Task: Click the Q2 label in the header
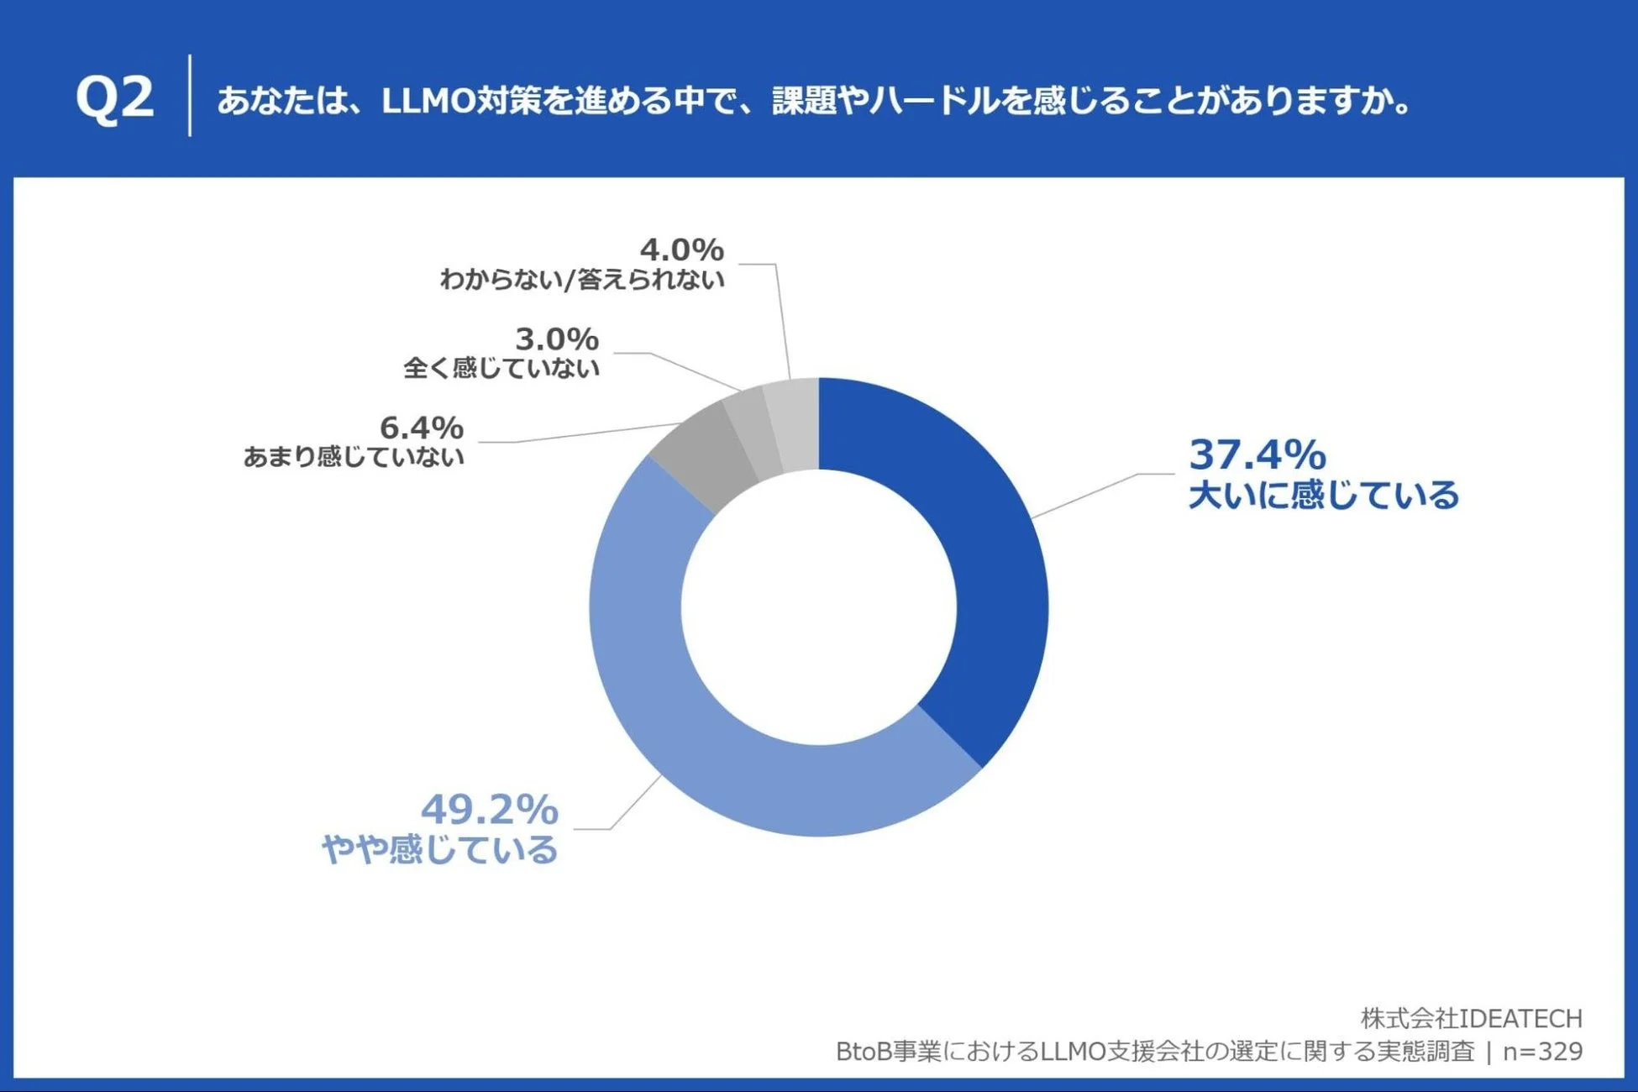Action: click(x=115, y=97)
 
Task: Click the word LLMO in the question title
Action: click(x=428, y=101)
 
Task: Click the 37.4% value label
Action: click(x=1257, y=454)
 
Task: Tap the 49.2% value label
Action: click(x=489, y=810)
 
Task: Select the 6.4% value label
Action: click(x=421, y=428)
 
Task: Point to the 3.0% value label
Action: click(x=556, y=339)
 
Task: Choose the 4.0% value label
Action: click(x=681, y=249)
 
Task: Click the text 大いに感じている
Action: click(x=1324, y=495)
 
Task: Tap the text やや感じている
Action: click(x=439, y=849)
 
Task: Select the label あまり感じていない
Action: click(x=354, y=457)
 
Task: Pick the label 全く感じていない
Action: click(x=501, y=368)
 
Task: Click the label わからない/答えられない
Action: click(x=581, y=279)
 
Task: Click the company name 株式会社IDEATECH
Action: click(x=1471, y=1018)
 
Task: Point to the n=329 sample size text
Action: click(x=1542, y=1051)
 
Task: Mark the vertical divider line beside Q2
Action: click(x=190, y=96)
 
